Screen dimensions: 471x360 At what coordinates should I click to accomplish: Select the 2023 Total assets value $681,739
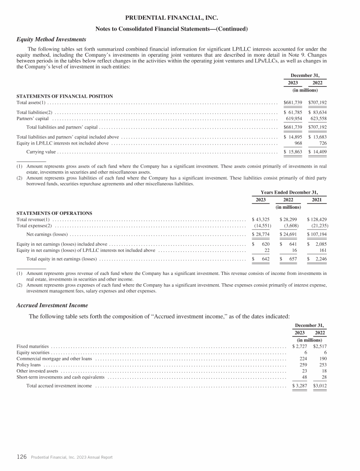(293, 102)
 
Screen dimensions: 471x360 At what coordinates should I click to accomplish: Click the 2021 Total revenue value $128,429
(317, 220)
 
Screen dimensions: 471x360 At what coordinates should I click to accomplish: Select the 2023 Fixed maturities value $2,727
(299, 346)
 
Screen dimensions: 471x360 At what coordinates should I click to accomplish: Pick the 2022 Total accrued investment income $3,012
(319, 386)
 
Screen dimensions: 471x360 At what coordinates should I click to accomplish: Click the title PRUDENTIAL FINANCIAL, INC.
(172, 17)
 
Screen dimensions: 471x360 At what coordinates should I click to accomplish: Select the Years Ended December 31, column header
(289, 192)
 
